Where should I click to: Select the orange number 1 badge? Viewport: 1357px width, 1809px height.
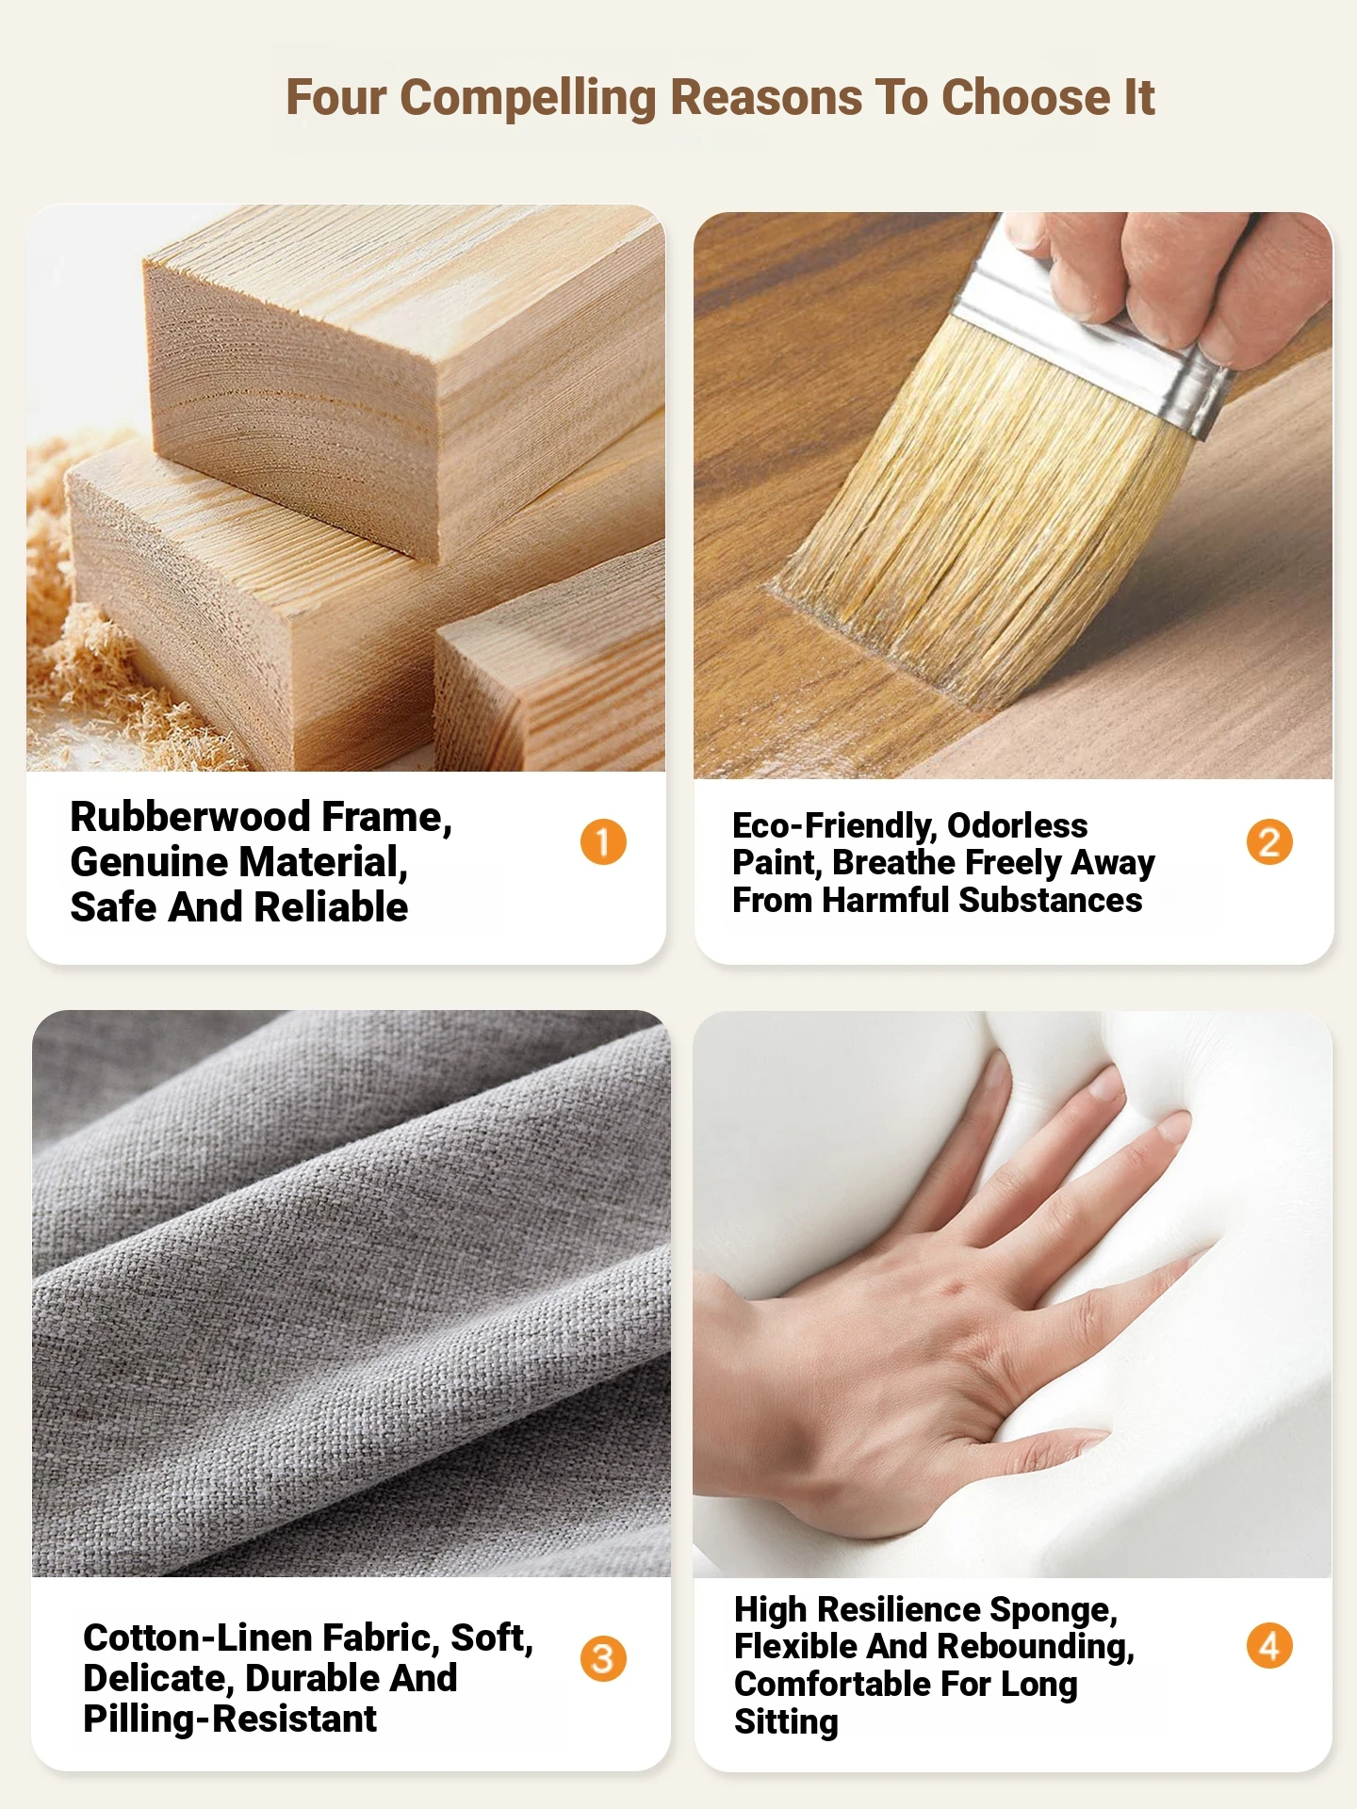click(x=603, y=841)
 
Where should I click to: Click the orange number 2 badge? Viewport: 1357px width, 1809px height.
click(x=1269, y=841)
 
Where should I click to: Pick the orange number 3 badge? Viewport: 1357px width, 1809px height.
click(x=603, y=1658)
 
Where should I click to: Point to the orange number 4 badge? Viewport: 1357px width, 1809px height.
click(x=1269, y=1646)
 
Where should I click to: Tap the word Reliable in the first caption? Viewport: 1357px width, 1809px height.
click(x=331, y=907)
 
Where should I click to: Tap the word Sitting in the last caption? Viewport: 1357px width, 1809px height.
click(x=786, y=1722)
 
